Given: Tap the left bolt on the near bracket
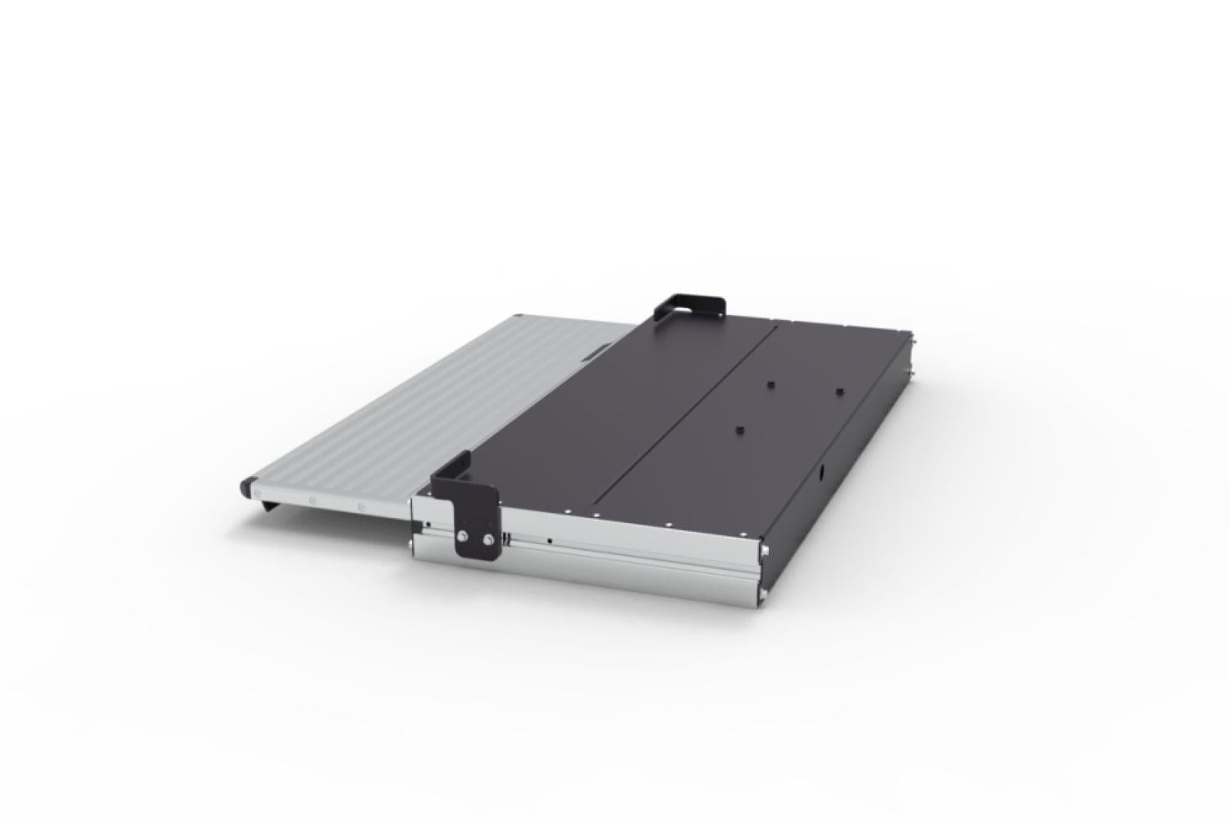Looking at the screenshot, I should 463,536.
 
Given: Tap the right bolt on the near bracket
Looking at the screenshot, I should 489,539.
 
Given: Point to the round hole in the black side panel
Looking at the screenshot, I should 819,475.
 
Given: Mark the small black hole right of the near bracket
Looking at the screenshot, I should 549,541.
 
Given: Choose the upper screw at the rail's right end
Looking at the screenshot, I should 763,550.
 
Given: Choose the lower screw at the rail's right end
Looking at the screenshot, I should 763,594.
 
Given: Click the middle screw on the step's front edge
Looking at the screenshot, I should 310,501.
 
